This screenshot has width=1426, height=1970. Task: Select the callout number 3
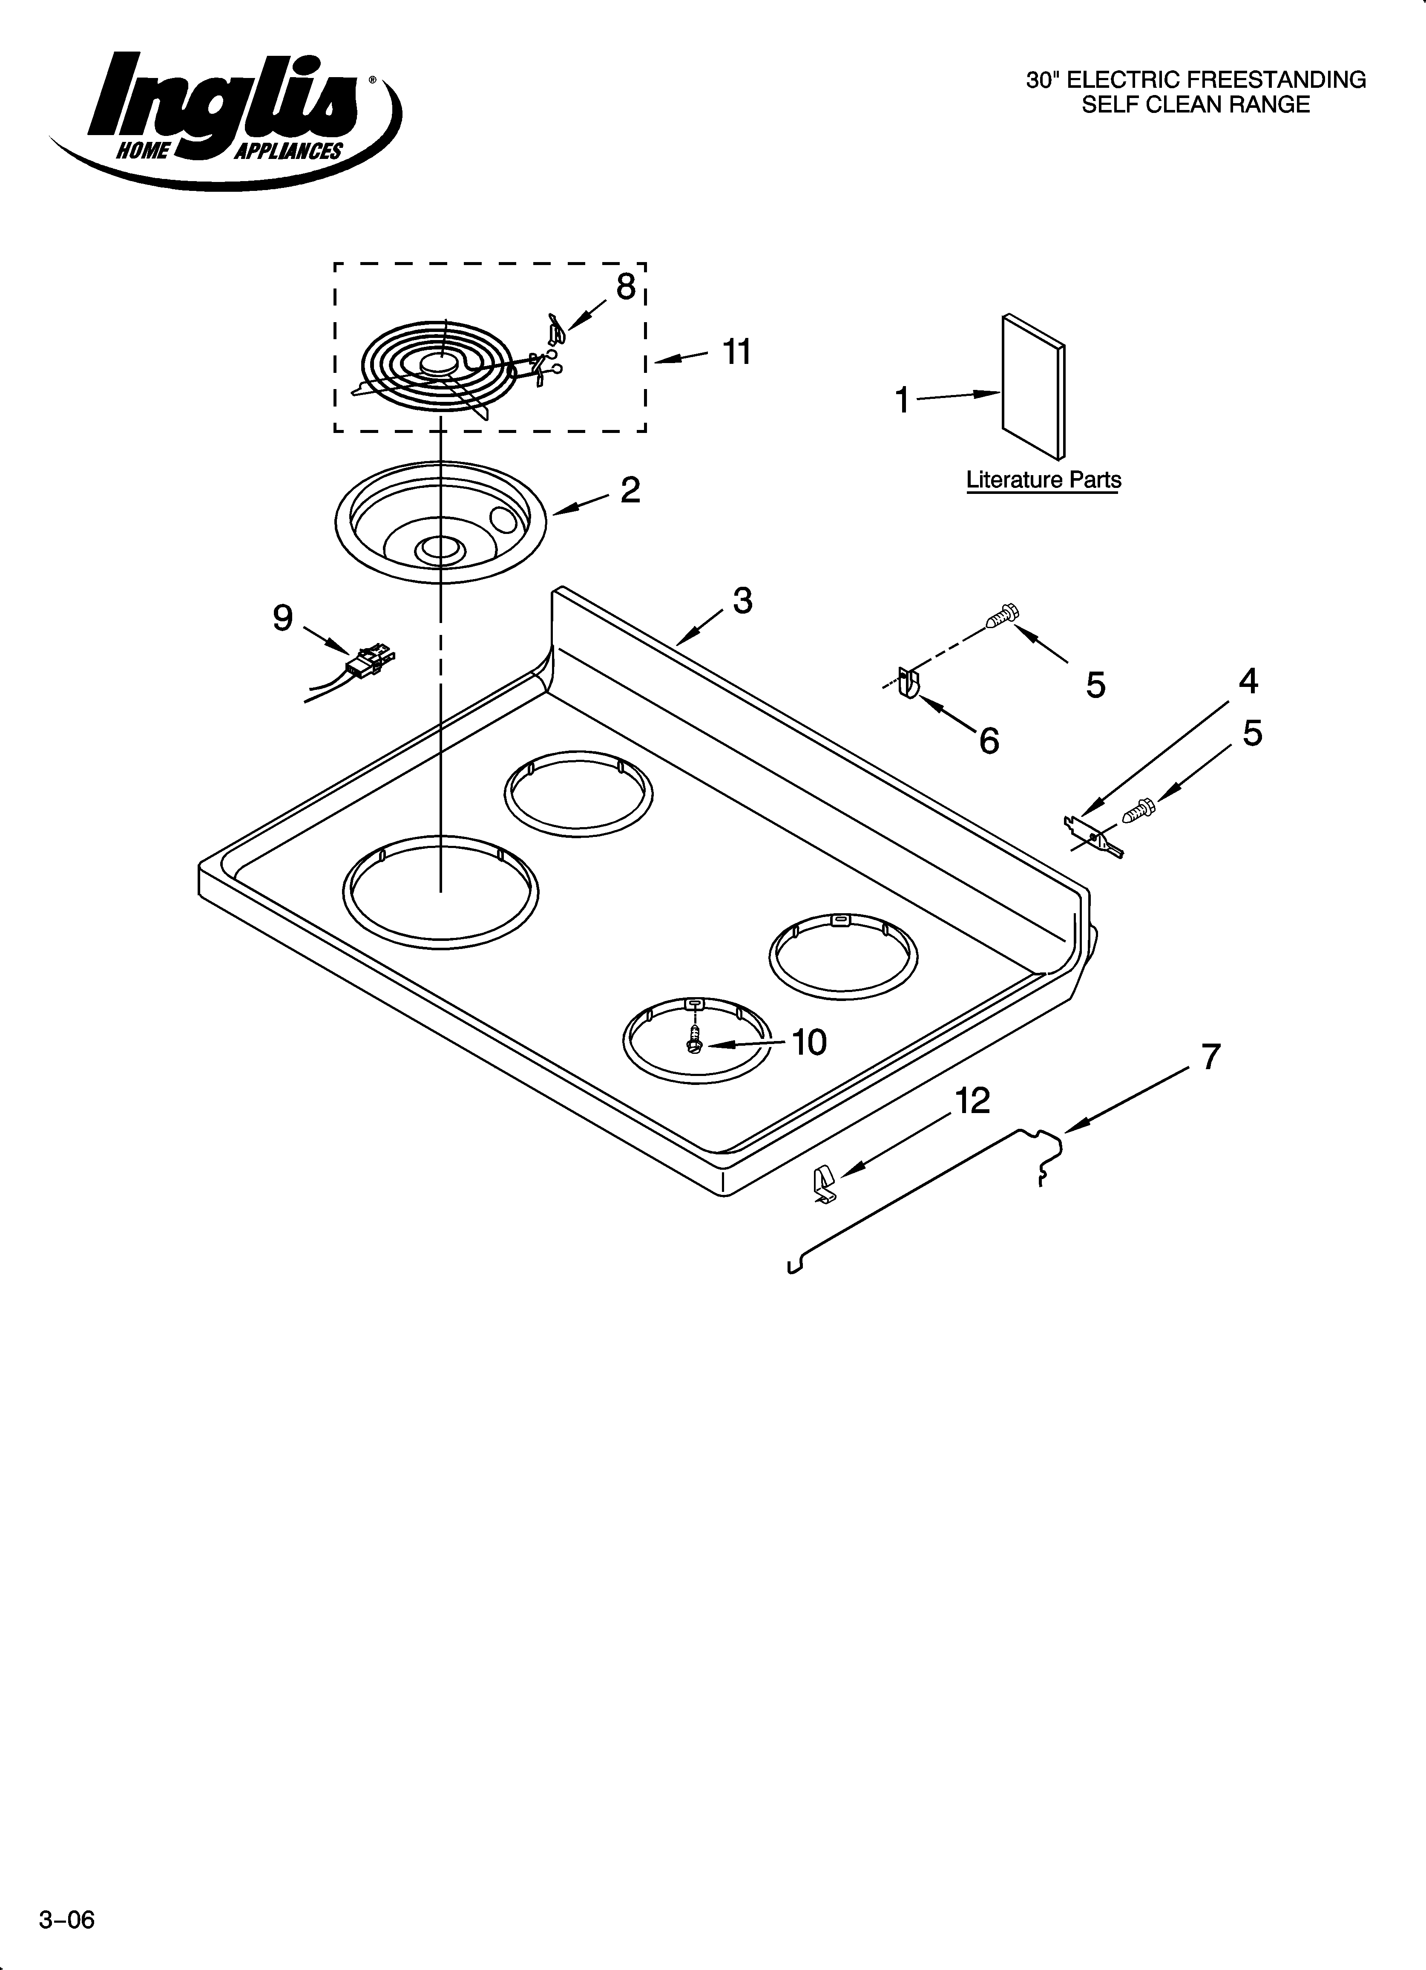[742, 600]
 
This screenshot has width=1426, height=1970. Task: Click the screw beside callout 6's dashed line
[1003, 616]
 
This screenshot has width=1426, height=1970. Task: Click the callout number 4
[1248, 681]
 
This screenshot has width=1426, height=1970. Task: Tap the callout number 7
[1210, 1057]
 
